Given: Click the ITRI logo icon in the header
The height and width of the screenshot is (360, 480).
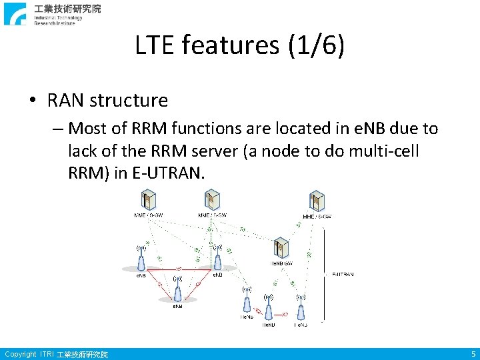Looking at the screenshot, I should (15, 14).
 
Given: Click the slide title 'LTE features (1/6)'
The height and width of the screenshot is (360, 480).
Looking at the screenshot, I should (239, 45).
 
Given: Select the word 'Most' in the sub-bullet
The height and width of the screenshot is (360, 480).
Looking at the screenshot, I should (85, 127).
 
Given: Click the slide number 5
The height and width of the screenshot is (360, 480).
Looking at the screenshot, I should (473, 354).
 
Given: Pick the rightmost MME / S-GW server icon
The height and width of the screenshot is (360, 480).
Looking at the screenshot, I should (317, 201).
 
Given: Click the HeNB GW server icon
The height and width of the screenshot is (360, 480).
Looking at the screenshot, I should (281, 247).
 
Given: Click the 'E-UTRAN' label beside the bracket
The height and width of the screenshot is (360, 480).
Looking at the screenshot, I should (343, 273).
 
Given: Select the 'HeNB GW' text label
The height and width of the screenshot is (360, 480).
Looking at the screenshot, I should (281, 263).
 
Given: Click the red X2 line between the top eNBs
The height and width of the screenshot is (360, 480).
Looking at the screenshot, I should (179, 268).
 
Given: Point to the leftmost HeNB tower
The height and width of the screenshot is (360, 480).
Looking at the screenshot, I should (247, 303).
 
